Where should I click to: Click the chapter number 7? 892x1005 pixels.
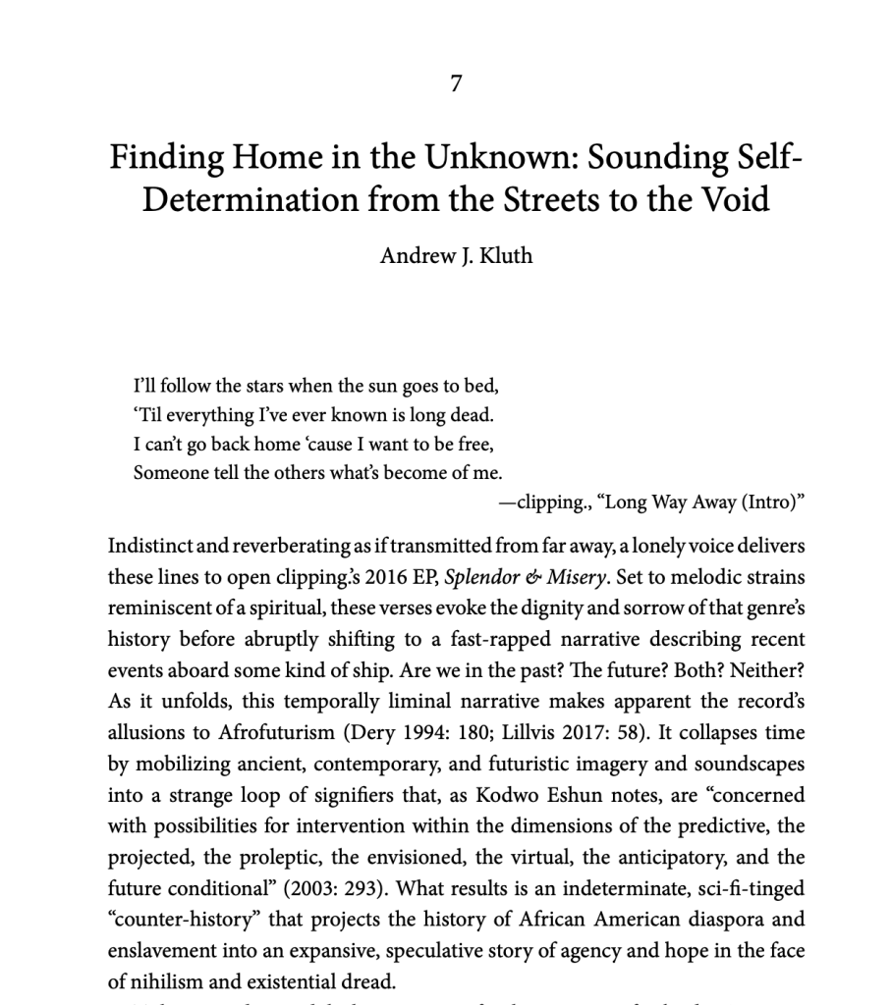[456, 84]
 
